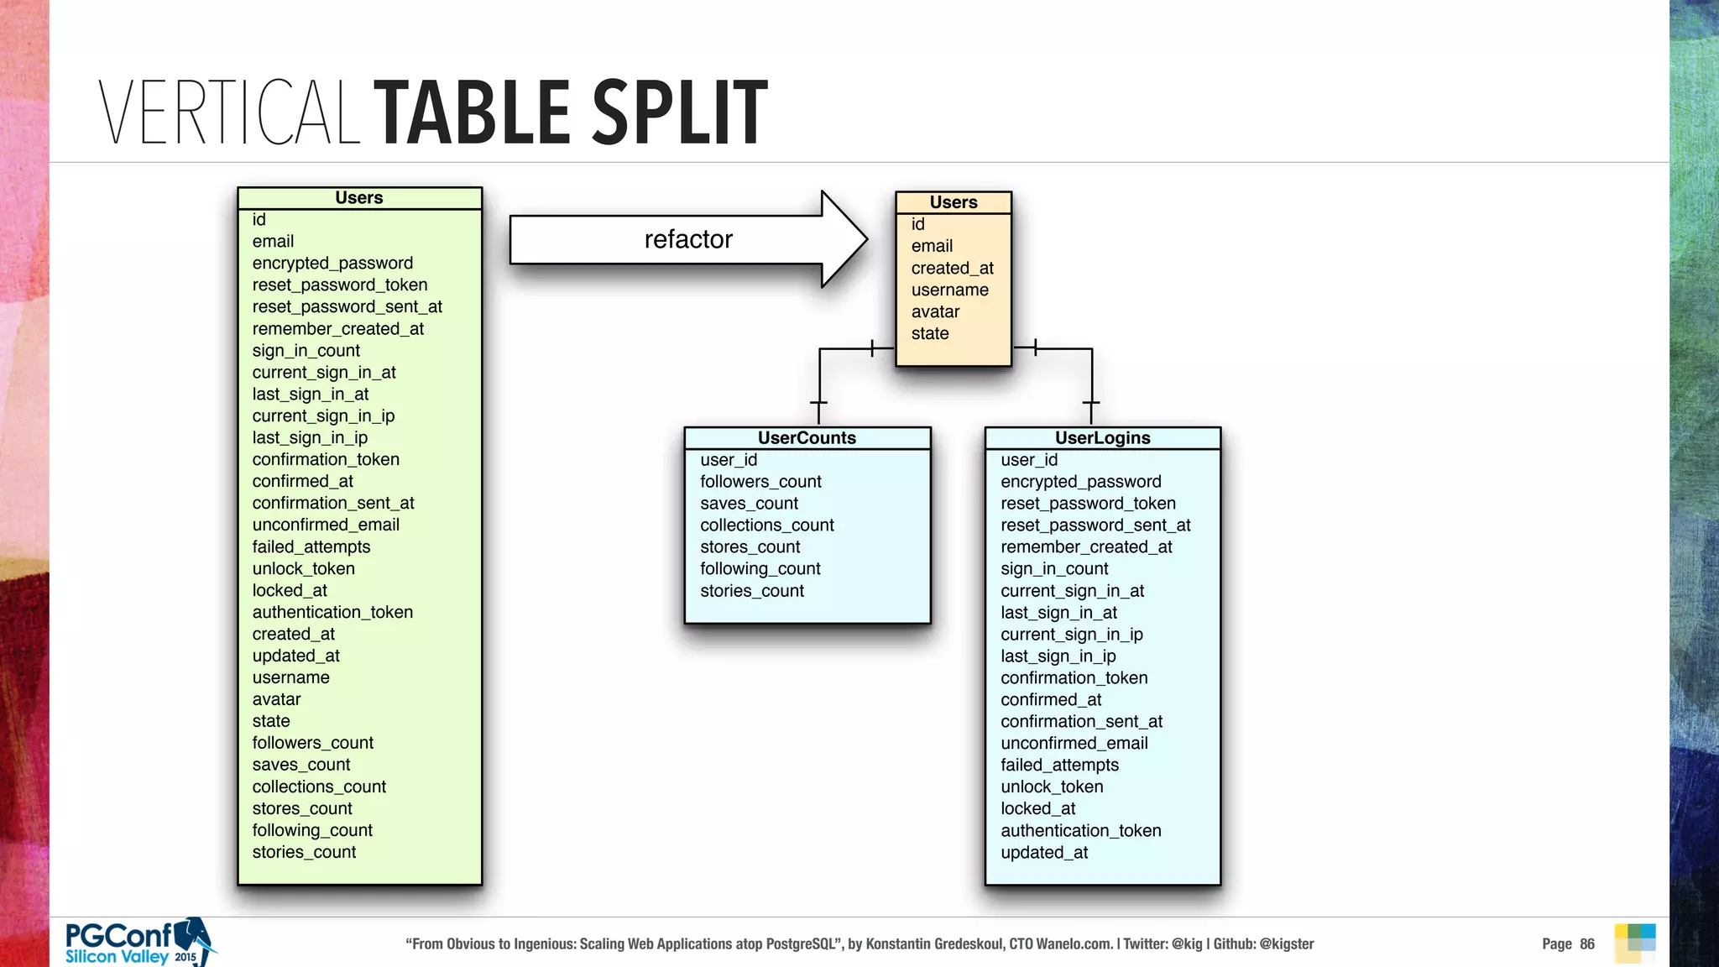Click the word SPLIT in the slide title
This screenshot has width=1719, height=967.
pos(680,112)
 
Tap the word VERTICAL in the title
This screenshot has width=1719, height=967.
pos(229,112)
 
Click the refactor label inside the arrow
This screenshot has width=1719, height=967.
pos(688,240)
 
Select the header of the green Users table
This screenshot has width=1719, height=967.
pos(359,198)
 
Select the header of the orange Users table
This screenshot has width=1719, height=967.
pos(954,202)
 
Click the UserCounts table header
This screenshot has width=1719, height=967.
pos(807,438)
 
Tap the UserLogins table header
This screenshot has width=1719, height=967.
pos(1102,438)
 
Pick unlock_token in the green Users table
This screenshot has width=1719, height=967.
pos(304,569)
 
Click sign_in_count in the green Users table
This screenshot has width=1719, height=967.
pos(306,351)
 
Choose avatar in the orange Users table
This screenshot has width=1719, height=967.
pos(936,312)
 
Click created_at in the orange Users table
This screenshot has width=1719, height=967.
pos(953,269)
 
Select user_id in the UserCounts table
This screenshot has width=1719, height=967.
pos(729,460)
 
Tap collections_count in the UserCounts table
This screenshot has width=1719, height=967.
pos(767,525)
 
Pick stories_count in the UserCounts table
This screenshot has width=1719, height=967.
pos(752,591)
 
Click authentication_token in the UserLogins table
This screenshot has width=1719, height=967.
pos(1081,831)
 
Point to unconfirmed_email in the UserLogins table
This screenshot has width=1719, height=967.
pos(1074,744)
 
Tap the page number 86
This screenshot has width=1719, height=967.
pos(1586,944)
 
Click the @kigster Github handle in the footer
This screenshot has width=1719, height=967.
pos(1286,944)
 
